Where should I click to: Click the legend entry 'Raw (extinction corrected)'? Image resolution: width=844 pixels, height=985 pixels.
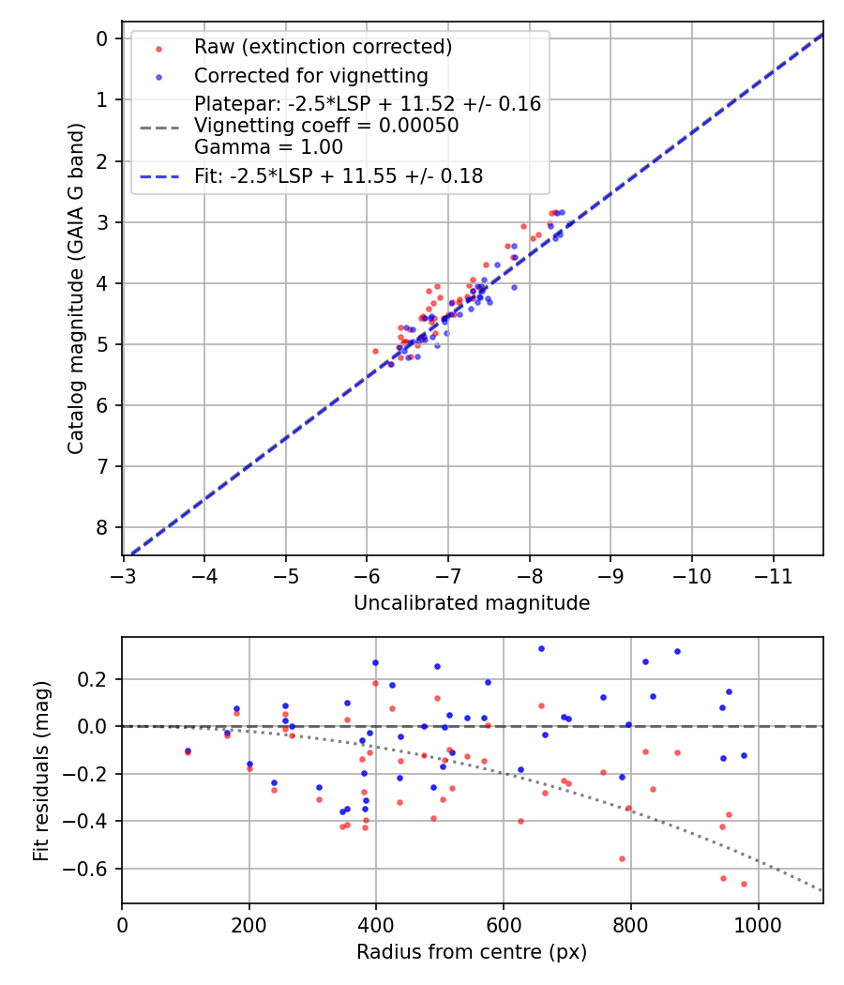click(x=323, y=47)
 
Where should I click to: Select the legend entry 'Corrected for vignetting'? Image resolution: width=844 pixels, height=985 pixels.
click(x=310, y=76)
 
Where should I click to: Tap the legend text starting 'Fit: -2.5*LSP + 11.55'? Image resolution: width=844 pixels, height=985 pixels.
click(x=339, y=175)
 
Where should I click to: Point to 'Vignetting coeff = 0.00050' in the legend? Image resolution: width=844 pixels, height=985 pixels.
click(x=326, y=126)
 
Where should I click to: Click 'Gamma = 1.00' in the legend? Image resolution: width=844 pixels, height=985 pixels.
click(x=268, y=147)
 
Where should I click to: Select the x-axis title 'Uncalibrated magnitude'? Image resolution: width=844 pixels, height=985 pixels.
click(x=472, y=603)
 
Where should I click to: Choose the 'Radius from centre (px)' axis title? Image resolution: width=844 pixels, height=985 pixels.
click(x=472, y=952)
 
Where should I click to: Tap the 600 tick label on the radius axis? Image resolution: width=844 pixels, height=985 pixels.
click(x=504, y=924)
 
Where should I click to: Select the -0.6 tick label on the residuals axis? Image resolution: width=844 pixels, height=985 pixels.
click(x=91, y=869)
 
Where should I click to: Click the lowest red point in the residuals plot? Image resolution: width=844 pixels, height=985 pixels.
click(x=744, y=884)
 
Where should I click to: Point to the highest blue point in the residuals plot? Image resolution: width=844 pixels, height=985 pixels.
click(x=541, y=648)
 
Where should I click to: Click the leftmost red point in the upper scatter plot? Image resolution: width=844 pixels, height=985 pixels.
click(x=375, y=351)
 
